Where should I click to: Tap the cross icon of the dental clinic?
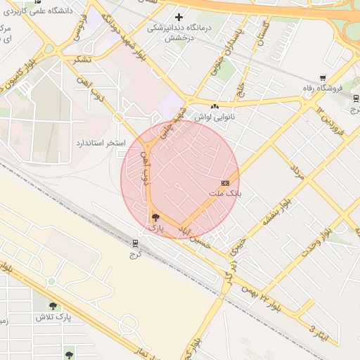[x=179, y=17]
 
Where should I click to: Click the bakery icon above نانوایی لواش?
[x=214, y=106]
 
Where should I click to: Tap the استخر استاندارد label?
[x=101, y=143]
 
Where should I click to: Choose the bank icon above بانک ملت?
[x=225, y=183]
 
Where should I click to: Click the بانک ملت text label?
[x=224, y=193]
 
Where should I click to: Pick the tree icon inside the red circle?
[x=155, y=217]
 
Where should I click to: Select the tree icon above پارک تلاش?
[x=53, y=306]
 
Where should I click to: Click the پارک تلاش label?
[x=55, y=317]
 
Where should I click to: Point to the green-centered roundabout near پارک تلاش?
[x=51, y=282]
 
